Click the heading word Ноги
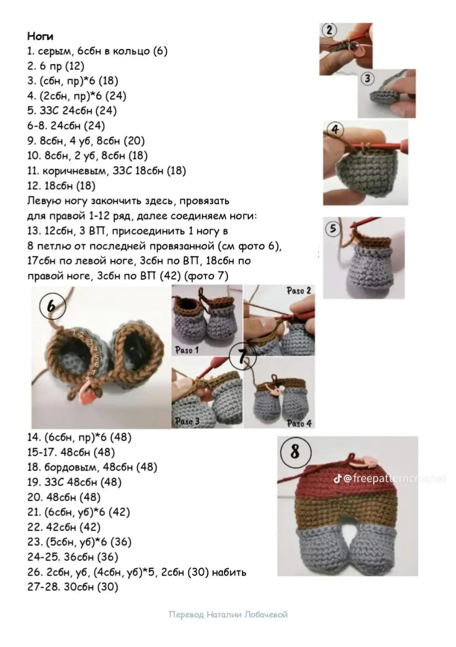pyautogui.click(x=40, y=36)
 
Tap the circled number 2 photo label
pyautogui.click(x=329, y=30)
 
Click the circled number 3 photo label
pyautogui.click(x=367, y=78)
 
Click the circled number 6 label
pyautogui.click(x=52, y=306)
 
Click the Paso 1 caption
pyautogui.click(x=187, y=351)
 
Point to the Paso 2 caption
pyautogui.click(x=299, y=291)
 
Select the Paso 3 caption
pyautogui.click(x=187, y=421)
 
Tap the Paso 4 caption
pyautogui.click(x=299, y=424)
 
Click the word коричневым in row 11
pyautogui.click(x=74, y=171)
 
